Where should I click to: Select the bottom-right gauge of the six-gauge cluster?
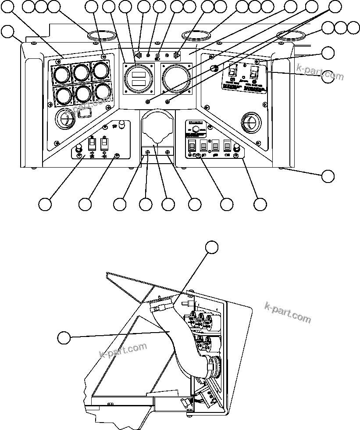[103, 91]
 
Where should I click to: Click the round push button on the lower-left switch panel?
[80, 147]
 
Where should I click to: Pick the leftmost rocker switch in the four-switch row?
[192, 146]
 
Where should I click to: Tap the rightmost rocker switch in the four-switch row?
[227, 146]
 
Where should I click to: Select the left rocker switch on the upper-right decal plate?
[234, 70]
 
